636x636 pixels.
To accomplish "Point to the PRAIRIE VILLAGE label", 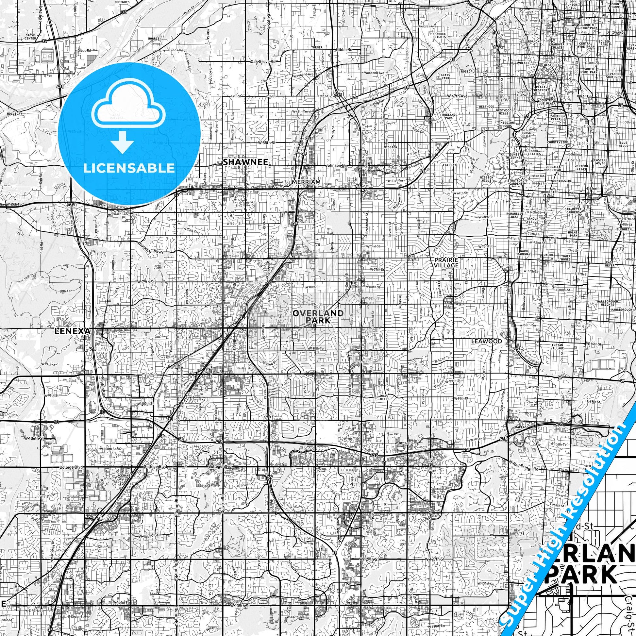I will pyautogui.click(x=446, y=262).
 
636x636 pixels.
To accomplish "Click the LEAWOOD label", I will pyautogui.click(x=486, y=342).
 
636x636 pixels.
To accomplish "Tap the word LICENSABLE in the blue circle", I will pyautogui.click(x=129, y=168).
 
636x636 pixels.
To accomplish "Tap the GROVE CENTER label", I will pyautogui.click(x=30, y=36).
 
